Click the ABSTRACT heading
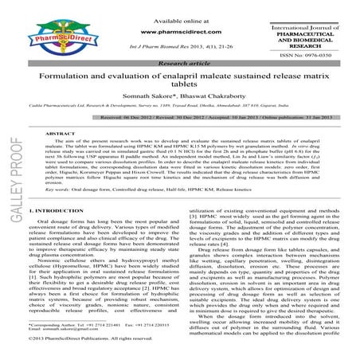63,135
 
